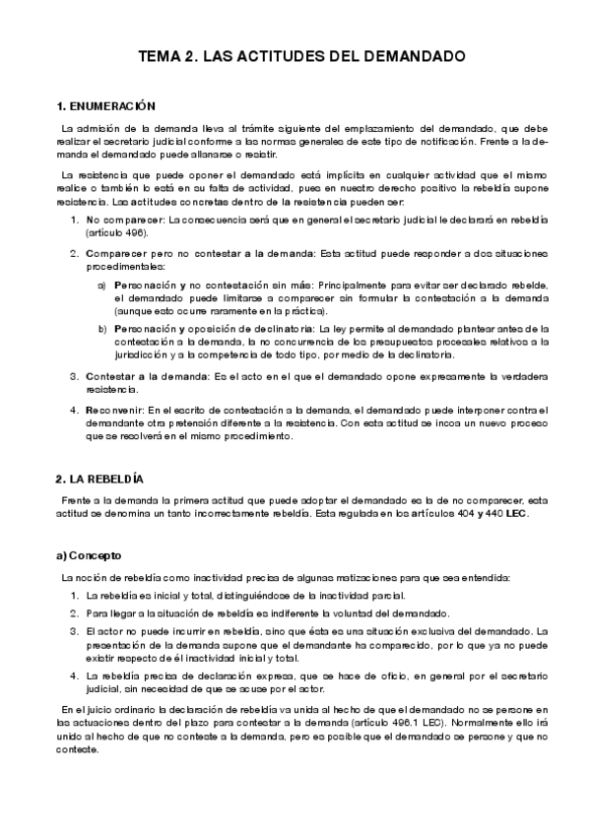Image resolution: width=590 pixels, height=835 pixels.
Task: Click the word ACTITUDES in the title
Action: (x=258, y=58)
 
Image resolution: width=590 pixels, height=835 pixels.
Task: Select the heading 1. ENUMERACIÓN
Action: (x=106, y=105)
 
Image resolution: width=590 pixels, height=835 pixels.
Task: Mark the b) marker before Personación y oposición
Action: (x=102, y=328)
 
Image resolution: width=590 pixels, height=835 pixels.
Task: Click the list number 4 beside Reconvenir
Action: (x=74, y=409)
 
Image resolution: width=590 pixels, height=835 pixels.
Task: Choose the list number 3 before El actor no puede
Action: (x=74, y=629)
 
